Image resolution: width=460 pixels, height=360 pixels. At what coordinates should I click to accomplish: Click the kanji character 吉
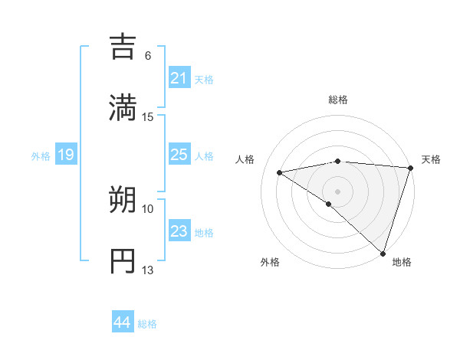point(124,46)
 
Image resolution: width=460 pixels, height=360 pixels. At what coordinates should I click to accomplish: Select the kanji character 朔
point(124,201)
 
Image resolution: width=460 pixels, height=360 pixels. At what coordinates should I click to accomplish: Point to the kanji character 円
point(124,260)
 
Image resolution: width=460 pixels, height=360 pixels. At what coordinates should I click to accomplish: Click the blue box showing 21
point(179,78)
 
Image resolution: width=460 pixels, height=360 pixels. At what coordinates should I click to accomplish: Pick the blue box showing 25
point(179,155)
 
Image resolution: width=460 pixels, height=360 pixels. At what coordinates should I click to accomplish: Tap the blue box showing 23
point(179,231)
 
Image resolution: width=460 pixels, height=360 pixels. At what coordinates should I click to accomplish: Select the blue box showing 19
point(65,155)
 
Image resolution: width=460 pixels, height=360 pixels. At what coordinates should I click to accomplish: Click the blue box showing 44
point(122,322)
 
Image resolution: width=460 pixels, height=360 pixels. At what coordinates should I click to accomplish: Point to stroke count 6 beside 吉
point(148,55)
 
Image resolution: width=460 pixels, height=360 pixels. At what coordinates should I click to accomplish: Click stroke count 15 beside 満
point(148,116)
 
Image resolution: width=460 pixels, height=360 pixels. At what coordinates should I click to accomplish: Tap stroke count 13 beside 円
point(148,270)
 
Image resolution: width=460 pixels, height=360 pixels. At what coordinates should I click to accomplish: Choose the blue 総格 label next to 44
point(147,324)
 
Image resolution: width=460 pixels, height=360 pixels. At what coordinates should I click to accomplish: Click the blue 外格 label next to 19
point(41,156)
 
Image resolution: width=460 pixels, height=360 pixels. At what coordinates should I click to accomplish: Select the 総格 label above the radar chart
point(337,100)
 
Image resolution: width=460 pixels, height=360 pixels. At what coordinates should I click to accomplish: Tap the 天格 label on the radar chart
point(431,159)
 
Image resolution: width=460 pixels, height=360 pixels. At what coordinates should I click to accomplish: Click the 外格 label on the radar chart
point(270,263)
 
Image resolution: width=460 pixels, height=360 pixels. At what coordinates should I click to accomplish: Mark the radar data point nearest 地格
point(383,254)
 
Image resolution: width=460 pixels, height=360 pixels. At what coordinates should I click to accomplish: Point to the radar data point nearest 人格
point(280,172)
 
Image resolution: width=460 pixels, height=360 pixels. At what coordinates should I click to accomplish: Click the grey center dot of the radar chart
point(337,191)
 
